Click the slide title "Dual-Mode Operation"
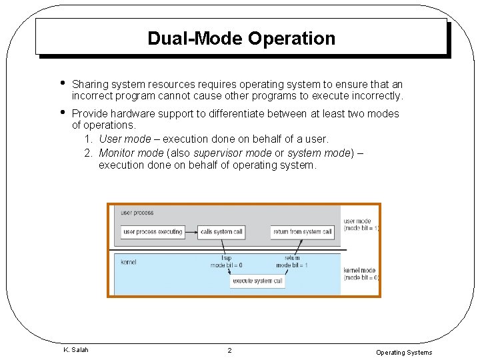(241, 38)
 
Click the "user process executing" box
(153, 232)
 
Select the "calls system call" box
(221, 232)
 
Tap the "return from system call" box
(302, 232)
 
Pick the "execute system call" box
(258, 281)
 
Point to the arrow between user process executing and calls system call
(191, 232)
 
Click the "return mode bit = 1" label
(292, 261)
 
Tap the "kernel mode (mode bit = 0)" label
(361, 274)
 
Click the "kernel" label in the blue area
(129, 262)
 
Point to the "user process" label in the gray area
(137, 213)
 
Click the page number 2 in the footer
(229, 351)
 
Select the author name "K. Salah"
(75, 350)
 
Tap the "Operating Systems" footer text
(404, 353)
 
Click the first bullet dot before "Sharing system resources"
(61, 83)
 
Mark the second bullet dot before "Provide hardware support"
(61, 112)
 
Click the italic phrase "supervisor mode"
(232, 153)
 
